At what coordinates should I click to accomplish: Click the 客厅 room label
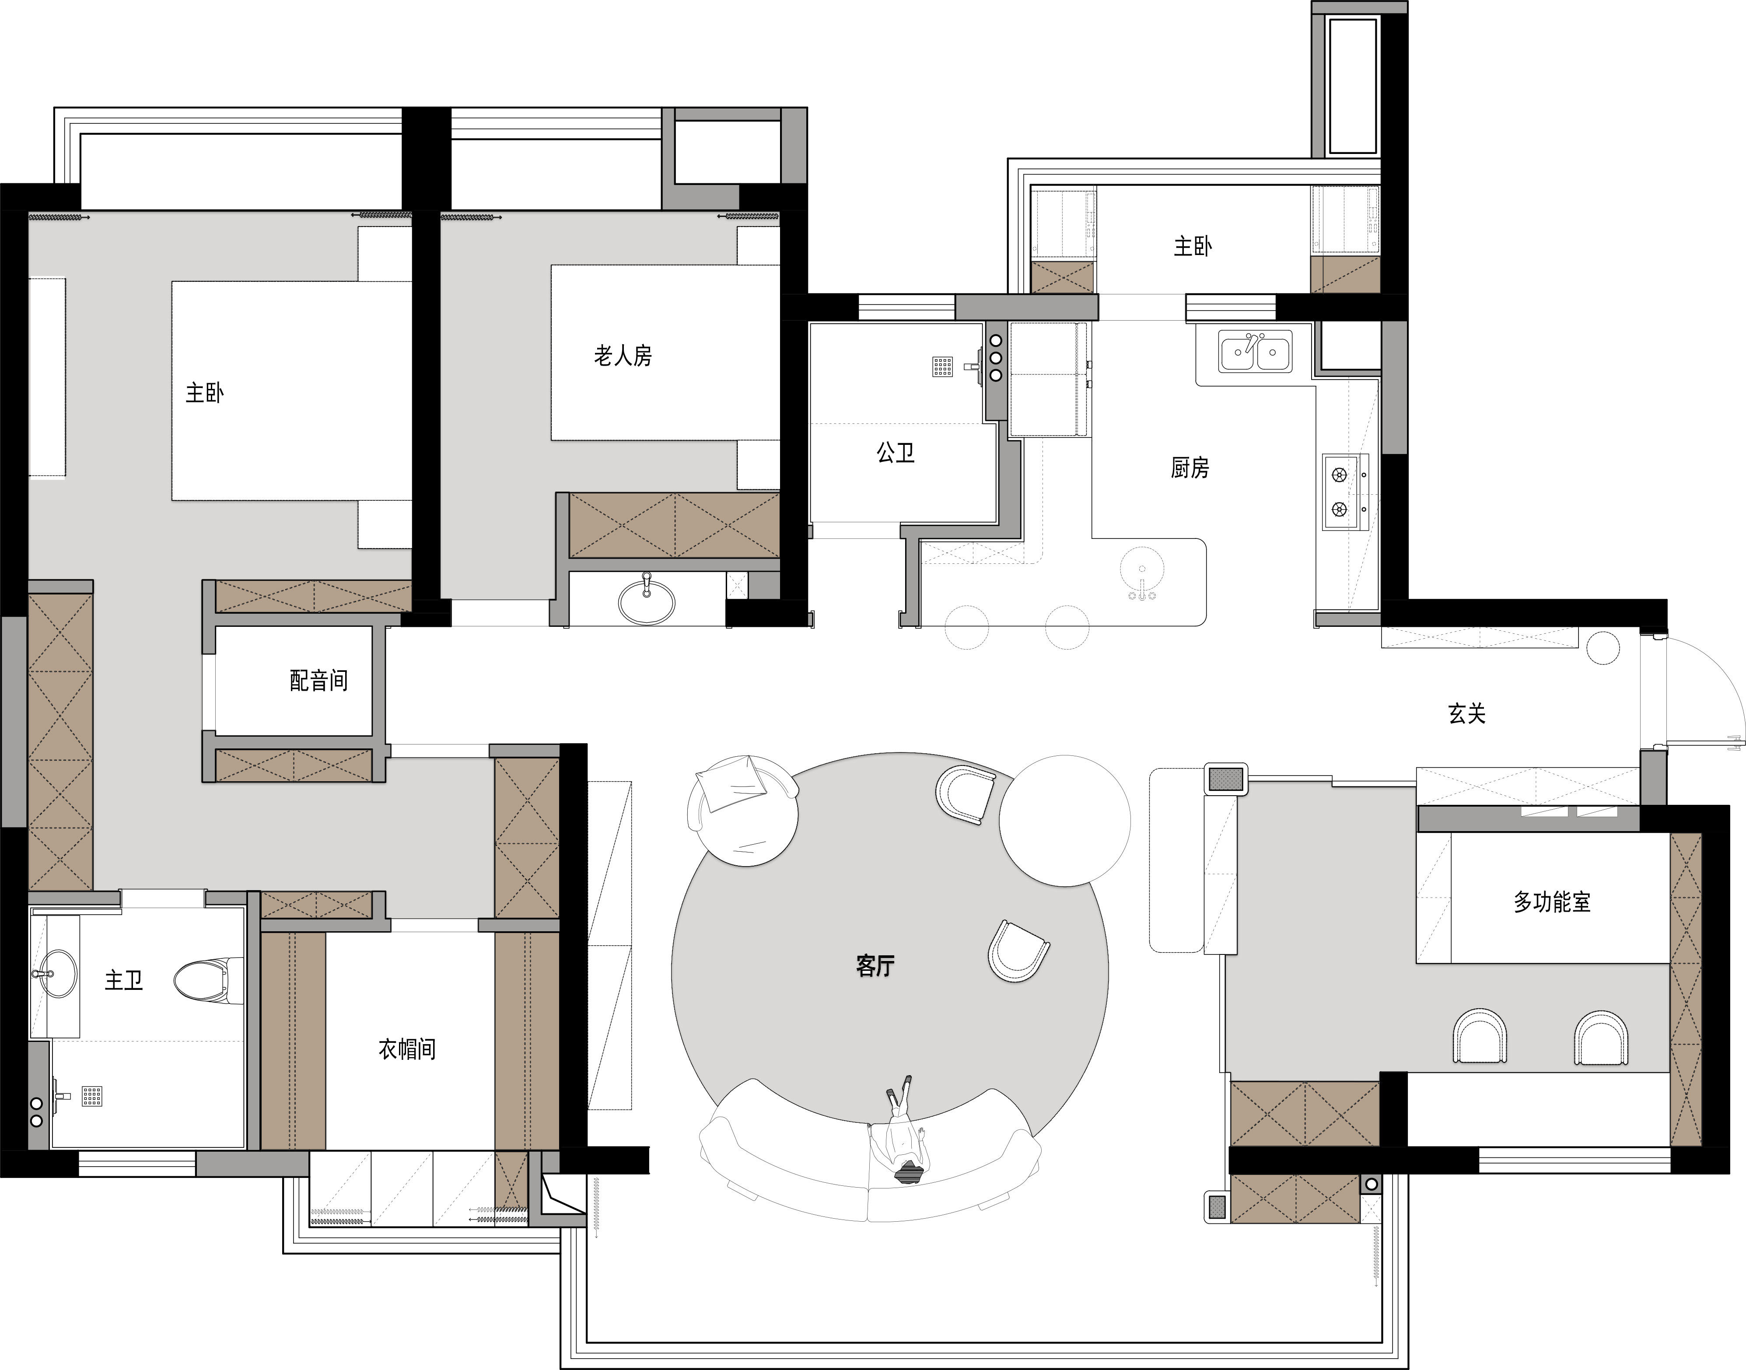pyautogui.click(x=875, y=966)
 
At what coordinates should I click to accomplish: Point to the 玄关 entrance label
pyautogui.click(x=1467, y=713)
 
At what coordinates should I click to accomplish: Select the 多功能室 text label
pyautogui.click(x=1552, y=902)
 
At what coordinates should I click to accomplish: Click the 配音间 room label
pyautogui.click(x=319, y=681)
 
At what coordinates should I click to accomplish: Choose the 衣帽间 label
pyautogui.click(x=407, y=1049)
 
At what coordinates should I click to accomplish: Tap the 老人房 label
pyautogui.click(x=623, y=355)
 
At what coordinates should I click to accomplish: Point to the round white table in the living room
pyautogui.click(x=1065, y=821)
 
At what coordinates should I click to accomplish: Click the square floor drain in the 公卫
pyautogui.click(x=942, y=367)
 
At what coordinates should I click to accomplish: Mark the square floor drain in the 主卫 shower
pyautogui.click(x=92, y=1096)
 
